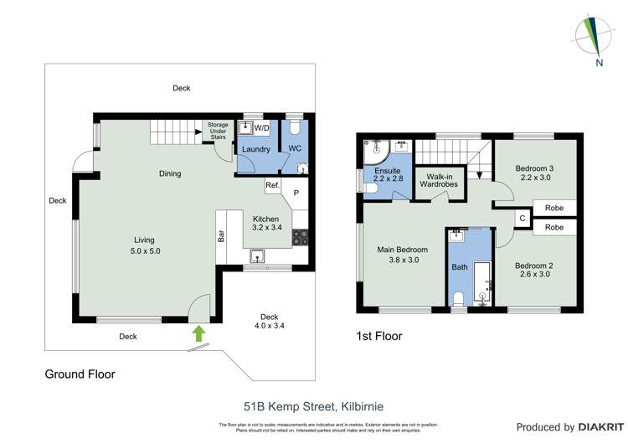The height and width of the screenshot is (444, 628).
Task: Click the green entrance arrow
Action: (x=198, y=333)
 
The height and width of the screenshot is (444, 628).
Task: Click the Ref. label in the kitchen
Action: (x=272, y=185)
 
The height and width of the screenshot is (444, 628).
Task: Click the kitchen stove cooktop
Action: (x=300, y=237)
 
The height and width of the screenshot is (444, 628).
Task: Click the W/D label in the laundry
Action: (x=261, y=128)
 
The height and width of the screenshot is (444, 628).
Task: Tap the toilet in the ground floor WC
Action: (x=300, y=167)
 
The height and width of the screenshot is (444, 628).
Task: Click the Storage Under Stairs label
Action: (x=218, y=132)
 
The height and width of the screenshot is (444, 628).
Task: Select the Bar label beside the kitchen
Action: (x=222, y=236)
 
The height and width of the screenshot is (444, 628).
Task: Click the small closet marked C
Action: (x=522, y=218)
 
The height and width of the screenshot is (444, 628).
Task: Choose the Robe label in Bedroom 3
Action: (x=553, y=208)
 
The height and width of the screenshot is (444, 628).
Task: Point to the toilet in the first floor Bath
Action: (x=458, y=299)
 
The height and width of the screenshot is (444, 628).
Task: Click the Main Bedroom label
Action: (x=403, y=250)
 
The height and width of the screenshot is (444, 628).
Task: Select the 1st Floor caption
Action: (x=378, y=337)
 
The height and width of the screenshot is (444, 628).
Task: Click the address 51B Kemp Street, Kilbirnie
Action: (x=313, y=406)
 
